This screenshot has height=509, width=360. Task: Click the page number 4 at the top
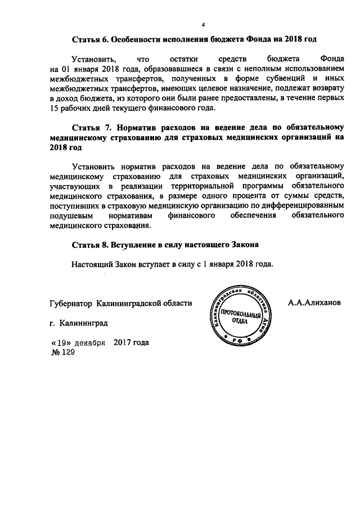204,24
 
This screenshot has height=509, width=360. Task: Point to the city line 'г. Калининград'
78,323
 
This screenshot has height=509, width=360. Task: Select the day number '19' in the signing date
60,343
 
